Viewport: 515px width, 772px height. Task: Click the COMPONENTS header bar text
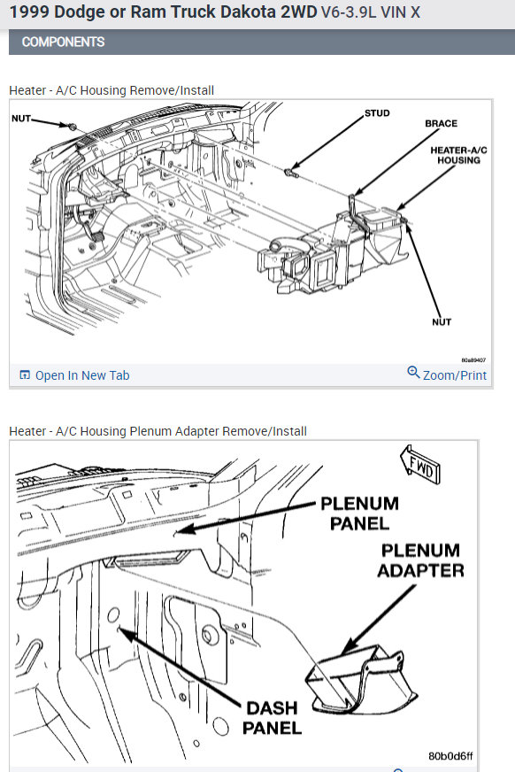coord(63,42)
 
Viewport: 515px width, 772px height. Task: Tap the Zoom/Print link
coord(455,375)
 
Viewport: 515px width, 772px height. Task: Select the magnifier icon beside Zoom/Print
coord(413,372)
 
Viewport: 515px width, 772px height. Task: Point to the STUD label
coord(377,113)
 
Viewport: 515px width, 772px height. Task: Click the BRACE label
coord(441,124)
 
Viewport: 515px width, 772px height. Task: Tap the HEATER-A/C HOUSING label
coord(458,155)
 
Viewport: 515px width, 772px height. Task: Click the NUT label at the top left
coord(21,118)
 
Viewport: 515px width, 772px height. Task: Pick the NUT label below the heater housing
coord(442,322)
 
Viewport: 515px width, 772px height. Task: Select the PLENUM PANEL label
coord(359,513)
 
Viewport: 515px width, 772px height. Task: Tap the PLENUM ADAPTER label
coord(420,560)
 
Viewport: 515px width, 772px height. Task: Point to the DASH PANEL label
coord(272,718)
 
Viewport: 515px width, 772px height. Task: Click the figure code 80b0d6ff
coord(450,756)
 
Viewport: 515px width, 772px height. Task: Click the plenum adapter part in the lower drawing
coord(362,679)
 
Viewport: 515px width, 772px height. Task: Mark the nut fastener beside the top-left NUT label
coord(73,127)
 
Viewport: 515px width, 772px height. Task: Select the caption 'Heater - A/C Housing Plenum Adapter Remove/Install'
coord(158,431)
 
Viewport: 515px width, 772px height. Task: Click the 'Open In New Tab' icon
coord(24,374)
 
